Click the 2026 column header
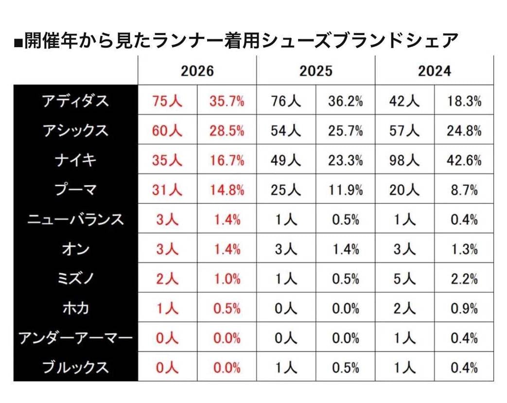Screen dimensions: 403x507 (197, 71)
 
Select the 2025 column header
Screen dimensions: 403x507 (315, 71)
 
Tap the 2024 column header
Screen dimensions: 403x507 (434, 71)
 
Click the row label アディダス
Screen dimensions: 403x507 (75, 101)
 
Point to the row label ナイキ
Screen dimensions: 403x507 (75, 161)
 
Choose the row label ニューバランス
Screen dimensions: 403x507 (75, 220)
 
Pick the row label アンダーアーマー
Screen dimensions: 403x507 (75, 338)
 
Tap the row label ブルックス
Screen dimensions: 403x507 (75, 368)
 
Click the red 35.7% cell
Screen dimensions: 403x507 (227, 101)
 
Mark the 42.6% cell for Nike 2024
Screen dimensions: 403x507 (464, 161)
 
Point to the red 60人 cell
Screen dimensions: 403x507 (167, 131)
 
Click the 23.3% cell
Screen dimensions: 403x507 (345, 161)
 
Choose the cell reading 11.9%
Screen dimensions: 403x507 (345, 190)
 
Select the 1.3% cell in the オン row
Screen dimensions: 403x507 (464, 250)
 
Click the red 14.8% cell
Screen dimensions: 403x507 (227, 190)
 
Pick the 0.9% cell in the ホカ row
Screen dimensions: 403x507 (464, 309)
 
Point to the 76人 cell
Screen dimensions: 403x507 (286, 101)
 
